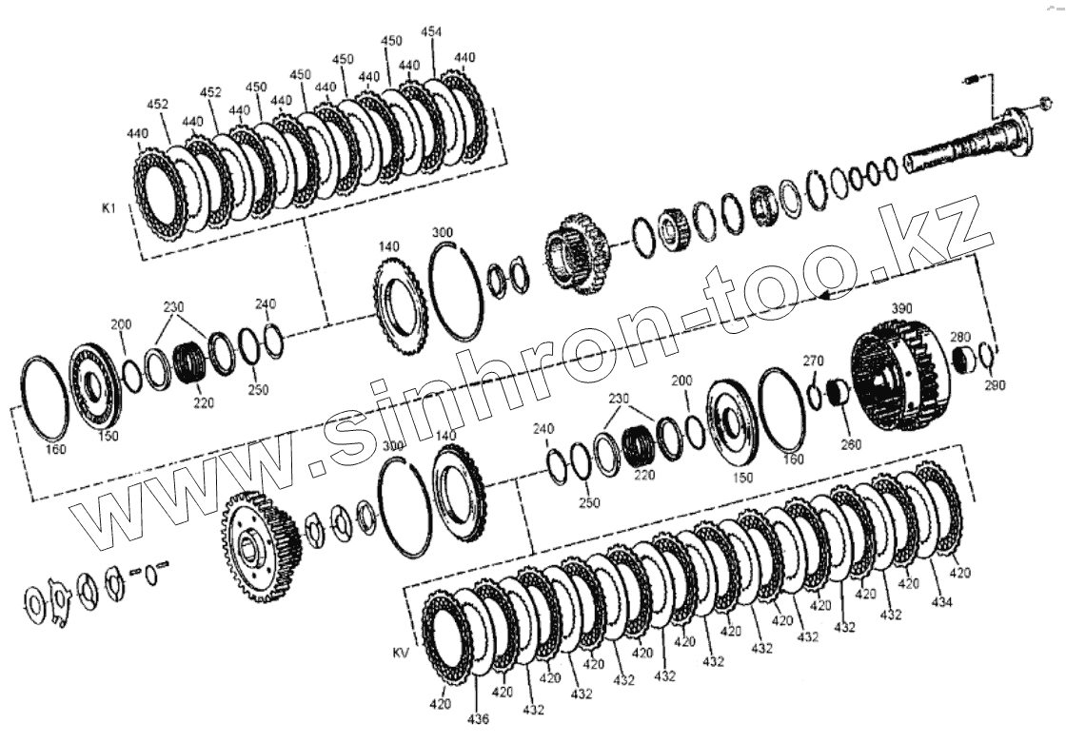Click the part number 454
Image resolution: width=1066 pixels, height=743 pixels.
click(x=431, y=32)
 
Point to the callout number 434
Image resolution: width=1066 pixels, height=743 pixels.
click(x=942, y=601)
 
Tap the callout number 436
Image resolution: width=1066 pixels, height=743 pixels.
click(x=478, y=719)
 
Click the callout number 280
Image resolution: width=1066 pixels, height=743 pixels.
click(x=960, y=337)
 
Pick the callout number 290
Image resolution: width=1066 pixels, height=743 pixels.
click(x=995, y=385)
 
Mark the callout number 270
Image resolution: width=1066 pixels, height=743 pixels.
click(x=813, y=360)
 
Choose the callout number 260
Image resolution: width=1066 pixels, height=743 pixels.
click(x=851, y=444)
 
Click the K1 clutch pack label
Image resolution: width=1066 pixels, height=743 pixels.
click(x=109, y=208)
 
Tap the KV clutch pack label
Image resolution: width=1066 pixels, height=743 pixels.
click(x=401, y=654)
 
